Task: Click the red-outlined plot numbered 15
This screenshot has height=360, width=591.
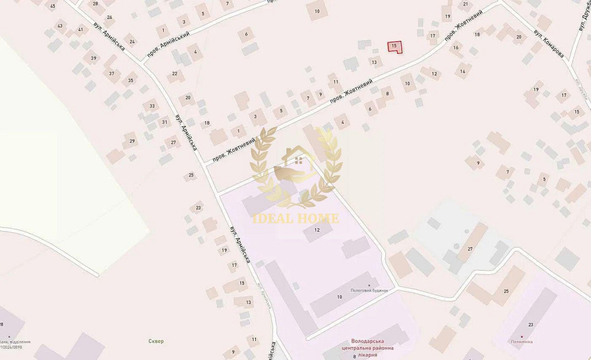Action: tap(394, 47)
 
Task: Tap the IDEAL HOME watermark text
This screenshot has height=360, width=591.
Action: tap(296, 218)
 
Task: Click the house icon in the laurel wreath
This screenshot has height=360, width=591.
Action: tap(297, 163)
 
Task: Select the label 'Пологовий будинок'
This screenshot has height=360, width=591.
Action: tap(369, 290)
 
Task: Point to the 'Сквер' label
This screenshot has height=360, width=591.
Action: tap(157, 341)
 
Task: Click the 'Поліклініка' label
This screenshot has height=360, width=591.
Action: tap(521, 342)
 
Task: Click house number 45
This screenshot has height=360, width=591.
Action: tap(53, 6)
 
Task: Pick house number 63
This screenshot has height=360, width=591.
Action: tap(60, 26)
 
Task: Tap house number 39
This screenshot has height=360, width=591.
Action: tap(93, 58)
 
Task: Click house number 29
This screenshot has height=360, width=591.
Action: tap(132, 141)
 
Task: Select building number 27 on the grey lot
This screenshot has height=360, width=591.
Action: tap(470, 249)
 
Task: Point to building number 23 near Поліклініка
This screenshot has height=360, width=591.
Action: tap(531, 325)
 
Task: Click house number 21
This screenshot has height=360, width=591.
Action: tap(466, 4)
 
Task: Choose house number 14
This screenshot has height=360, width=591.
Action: tap(463, 72)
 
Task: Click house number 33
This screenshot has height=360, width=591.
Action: tap(152, 106)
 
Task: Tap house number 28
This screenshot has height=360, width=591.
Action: tap(95, 4)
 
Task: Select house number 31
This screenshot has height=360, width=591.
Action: tap(165, 122)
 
